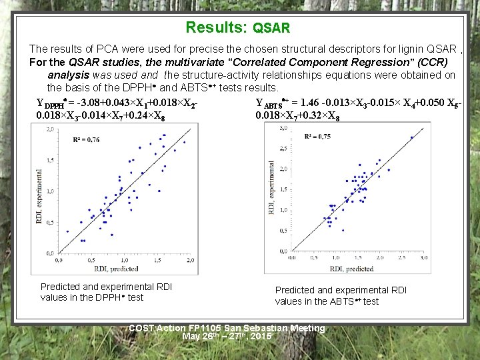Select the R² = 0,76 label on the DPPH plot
(87, 139)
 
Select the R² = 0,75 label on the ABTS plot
(317, 136)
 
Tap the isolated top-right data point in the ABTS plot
(411, 137)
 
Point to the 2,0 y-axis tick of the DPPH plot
(51, 130)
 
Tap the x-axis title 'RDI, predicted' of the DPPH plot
(116, 268)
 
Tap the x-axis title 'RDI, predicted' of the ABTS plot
(351, 269)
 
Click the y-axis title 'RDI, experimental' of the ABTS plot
(271, 190)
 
